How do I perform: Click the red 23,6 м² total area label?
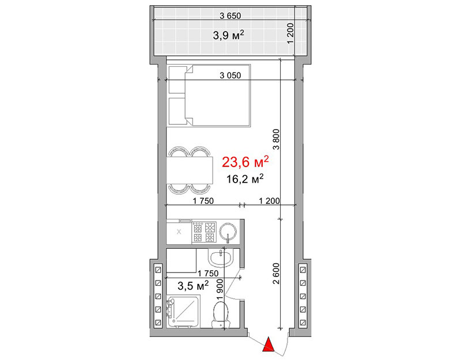pos(245,162)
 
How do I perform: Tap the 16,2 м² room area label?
pos(244,179)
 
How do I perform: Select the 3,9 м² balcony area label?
pos(228,35)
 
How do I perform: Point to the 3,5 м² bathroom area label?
pos(193,285)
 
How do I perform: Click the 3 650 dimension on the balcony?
pos(230,16)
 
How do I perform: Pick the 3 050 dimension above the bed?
pos(230,75)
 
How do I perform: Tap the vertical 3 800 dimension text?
pos(276,139)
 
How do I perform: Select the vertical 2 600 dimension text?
pos(276,273)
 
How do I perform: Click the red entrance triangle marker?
pos(268,344)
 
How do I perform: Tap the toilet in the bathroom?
pos(221,315)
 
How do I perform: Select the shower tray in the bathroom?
pos(183,312)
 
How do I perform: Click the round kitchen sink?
pos(228,232)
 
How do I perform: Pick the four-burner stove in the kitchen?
pos(204,232)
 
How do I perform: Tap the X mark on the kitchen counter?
pos(179,232)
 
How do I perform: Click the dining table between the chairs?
pos(190,170)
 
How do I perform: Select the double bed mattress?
pos(218,96)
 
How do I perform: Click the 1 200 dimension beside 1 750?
pos(269,201)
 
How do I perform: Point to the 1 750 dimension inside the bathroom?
pos(208,274)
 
